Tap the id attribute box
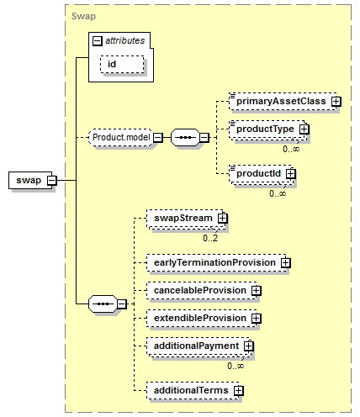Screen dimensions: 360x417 [x=122, y=65]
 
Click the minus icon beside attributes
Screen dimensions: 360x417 [x=97, y=41]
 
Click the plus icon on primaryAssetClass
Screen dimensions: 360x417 [x=336, y=102]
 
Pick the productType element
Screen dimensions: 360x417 [x=267, y=129]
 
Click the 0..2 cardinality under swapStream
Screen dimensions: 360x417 [x=210, y=238]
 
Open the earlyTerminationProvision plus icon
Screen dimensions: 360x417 [x=285, y=262]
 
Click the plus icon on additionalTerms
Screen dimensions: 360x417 [x=239, y=390]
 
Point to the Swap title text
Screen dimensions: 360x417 [x=83, y=16]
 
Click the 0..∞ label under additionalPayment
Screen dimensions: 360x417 [x=236, y=366]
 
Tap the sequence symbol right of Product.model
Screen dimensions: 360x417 [x=186, y=137]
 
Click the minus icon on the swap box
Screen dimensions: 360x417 [x=51, y=180]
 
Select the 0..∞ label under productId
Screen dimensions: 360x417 [x=278, y=193]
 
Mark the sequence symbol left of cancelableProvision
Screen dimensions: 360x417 [x=103, y=304]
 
